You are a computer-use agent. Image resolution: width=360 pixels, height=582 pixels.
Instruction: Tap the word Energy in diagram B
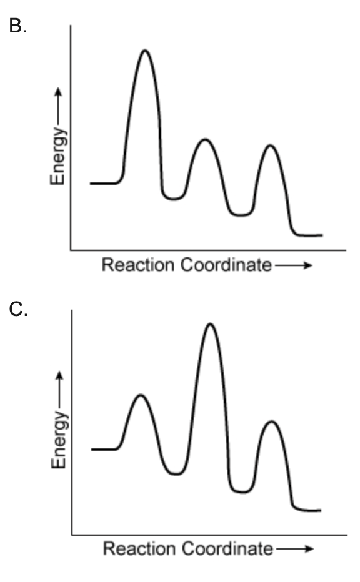(x=58, y=156)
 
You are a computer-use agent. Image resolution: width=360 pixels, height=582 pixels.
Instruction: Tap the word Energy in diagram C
(x=59, y=440)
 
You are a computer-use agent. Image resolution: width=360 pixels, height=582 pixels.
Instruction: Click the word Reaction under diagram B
(x=138, y=265)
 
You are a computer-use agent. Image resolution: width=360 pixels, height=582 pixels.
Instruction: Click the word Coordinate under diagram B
(x=226, y=265)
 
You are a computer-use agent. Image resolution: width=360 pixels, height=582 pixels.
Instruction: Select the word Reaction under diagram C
(x=139, y=549)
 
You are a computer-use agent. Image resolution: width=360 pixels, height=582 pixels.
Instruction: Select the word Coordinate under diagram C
(x=227, y=549)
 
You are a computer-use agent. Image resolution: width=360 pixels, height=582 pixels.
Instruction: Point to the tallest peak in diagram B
(x=145, y=50)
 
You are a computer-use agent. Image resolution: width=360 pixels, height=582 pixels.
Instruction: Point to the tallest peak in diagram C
(x=210, y=324)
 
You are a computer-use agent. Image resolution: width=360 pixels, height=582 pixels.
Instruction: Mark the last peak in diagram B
(x=270, y=145)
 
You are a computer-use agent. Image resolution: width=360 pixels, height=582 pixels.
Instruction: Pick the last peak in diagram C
(x=272, y=422)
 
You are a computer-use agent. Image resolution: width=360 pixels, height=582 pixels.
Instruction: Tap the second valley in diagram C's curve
(x=242, y=492)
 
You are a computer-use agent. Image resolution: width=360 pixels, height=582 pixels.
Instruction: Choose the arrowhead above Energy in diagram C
(x=59, y=376)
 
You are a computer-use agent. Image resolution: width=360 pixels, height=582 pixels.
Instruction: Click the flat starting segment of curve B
(x=104, y=183)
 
